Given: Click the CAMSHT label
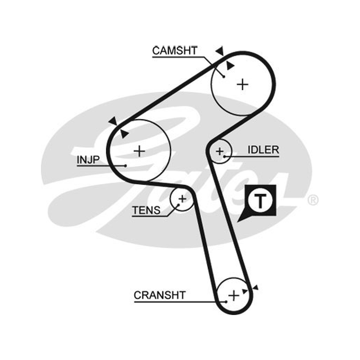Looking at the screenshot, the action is pyautogui.click(x=175, y=50).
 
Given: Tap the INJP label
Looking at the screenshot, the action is pyautogui.click(x=88, y=160).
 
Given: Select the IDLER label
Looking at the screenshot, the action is pyautogui.click(x=263, y=150).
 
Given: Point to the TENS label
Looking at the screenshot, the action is pyautogui.click(x=146, y=210).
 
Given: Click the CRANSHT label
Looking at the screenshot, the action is pyautogui.click(x=160, y=295).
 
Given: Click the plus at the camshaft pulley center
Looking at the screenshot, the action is pyautogui.click(x=243, y=85).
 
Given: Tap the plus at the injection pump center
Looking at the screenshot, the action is pyautogui.click(x=139, y=151).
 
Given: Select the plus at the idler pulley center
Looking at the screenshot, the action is pyautogui.click(x=220, y=151).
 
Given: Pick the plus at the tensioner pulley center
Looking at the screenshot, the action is pyautogui.click(x=183, y=199).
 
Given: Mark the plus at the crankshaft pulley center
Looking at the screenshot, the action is pyautogui.click(x=234, y=296).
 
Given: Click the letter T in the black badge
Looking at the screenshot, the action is pyautogui.click(x=261, y=201).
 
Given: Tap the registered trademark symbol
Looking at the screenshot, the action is pyautogui.click(x=313, y=200).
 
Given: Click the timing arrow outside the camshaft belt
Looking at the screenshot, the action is pyautogui.click(x=220, y=50).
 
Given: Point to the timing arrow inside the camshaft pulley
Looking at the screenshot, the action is pyautogui.click(x=230, y=66).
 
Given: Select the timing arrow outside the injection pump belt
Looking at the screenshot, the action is pyautogui.click(x=113, y=121).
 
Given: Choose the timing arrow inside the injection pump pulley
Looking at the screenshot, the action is pyautogui.click(x=125, y=134).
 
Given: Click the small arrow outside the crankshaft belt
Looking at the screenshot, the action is pyautogui.click(x=256, y=288).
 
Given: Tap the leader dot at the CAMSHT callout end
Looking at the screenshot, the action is pyautogui.click(x=224, y=76).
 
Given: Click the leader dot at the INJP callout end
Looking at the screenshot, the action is pyautogui.click(x=126, y=166).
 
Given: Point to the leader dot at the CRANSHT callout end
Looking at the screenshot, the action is pyautogui.click(x=226, y=301).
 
